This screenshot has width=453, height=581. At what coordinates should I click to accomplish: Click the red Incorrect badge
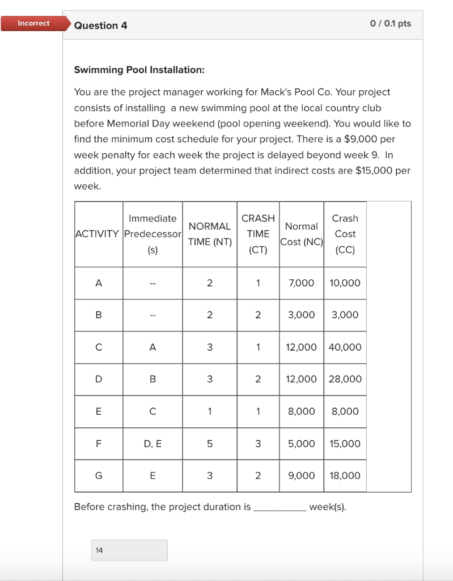click(33, 23)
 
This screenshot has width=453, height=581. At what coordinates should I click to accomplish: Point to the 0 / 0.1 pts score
click(390, 23)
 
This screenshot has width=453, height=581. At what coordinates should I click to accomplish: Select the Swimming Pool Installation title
click(139, 70)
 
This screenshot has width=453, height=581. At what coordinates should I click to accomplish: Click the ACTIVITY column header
click(98, 234)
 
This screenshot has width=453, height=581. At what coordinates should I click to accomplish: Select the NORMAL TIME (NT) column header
click(210, 234)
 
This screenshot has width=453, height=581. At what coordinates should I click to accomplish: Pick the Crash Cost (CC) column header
click(345, 234)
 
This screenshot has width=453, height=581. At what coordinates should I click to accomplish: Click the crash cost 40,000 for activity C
click(345, 347)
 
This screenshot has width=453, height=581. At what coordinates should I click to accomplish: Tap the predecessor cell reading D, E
click(153, 444)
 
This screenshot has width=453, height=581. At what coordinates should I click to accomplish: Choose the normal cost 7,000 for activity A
click(301, 283)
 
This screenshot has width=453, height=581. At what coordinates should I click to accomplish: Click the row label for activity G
click(99, 476)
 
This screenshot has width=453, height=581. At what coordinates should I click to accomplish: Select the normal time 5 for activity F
click(209, 444)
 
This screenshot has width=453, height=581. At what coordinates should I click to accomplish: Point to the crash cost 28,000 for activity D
click(345, 379)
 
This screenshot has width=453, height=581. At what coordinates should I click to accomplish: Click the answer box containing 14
click(129, 550)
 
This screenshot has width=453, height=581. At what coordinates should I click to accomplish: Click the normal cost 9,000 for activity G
click(301, 476)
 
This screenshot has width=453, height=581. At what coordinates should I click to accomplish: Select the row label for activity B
click(99, 315)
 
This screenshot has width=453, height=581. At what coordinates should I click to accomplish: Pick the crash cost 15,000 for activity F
click(345, 444)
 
